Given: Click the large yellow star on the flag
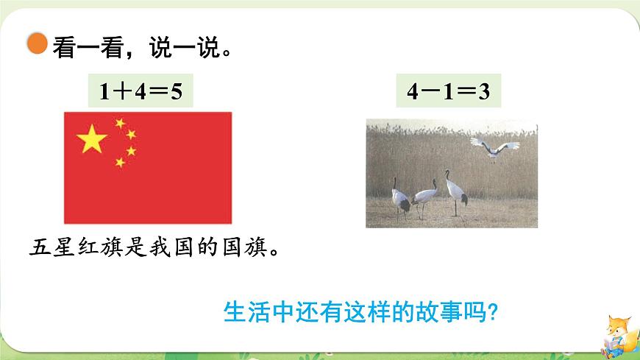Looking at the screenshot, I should (92, 138).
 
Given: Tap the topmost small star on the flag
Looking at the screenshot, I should (120, 123).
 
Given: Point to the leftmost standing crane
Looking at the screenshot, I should (401, 197).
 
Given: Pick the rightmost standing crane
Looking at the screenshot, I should (456, 191).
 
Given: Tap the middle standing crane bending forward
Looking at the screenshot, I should (424, 198).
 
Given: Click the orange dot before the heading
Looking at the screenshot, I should (36, 43).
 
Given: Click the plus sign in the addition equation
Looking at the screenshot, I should (121, 91).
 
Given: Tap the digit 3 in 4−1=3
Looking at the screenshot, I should (483, 91).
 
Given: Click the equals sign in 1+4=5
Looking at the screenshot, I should (156, 91).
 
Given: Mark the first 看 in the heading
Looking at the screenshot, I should (63, 49).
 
